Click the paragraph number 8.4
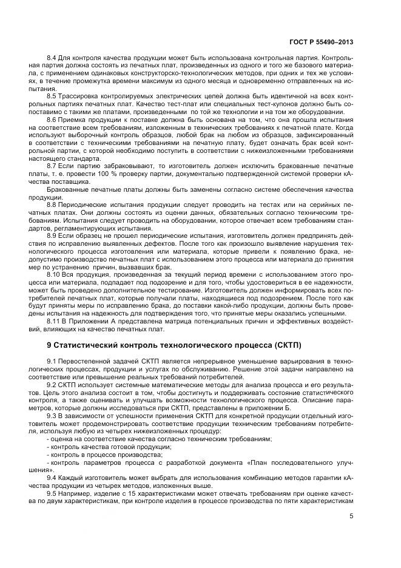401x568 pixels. [53, 57]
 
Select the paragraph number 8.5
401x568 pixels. [53, 96]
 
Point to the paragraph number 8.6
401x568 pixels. [53, 120]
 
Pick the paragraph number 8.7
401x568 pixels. [53, 166]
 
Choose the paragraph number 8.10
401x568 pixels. [54, 275]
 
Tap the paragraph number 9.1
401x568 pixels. [52, 362]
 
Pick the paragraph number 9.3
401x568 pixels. [52, 416]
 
